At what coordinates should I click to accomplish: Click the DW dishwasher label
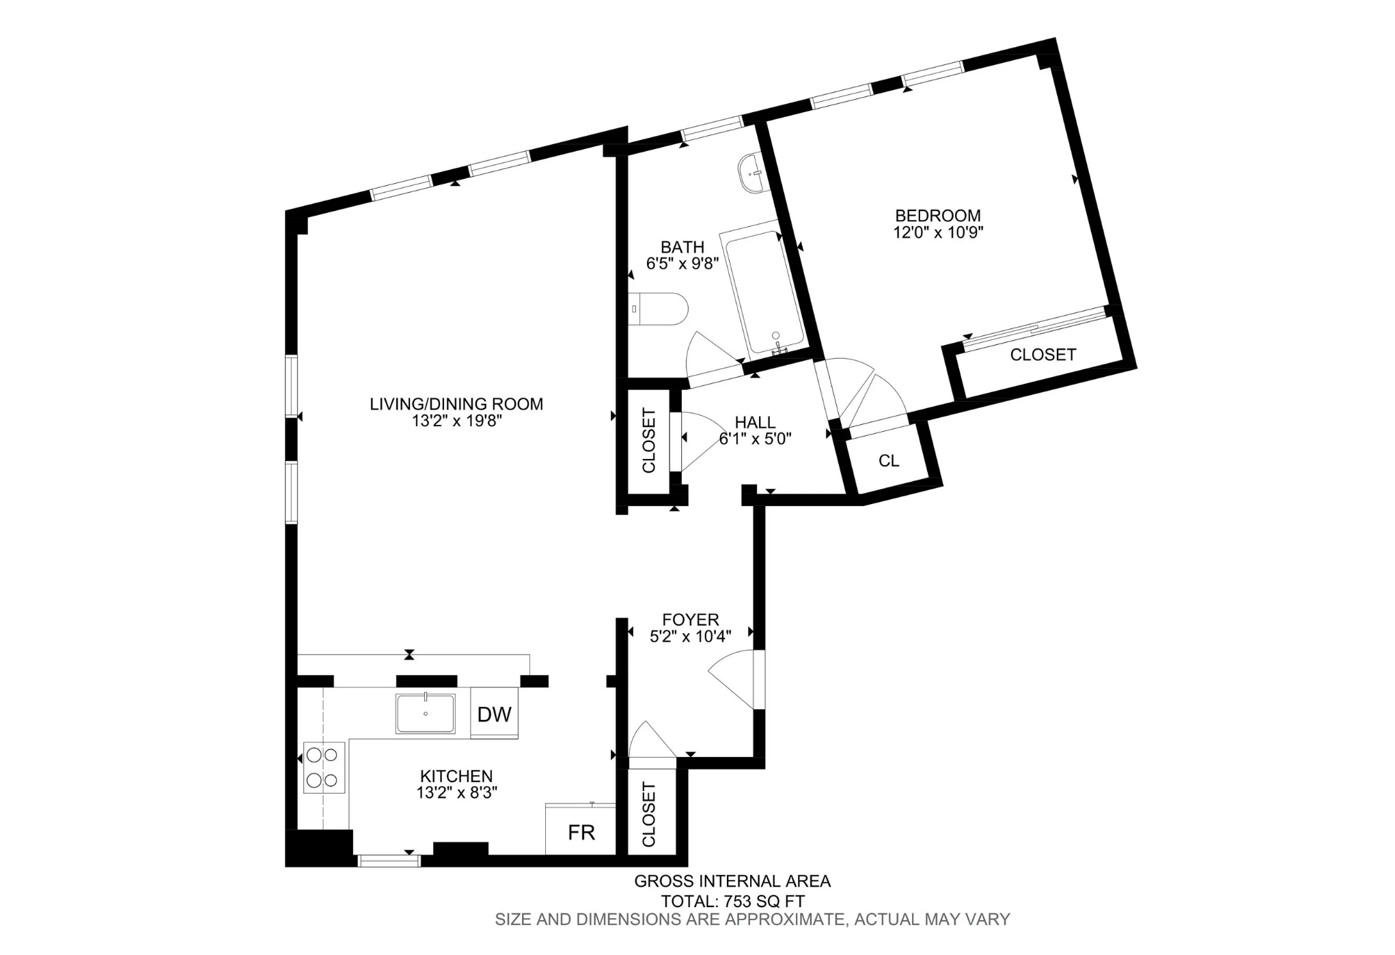coord(494,715)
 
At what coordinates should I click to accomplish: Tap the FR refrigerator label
coord(581,832)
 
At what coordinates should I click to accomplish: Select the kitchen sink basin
coord(425,714)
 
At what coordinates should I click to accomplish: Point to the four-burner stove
coord(324,767)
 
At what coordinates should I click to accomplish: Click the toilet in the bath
coord(658,309)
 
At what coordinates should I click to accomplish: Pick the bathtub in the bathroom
coord(762,291)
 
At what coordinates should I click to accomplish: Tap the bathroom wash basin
coord(753,173)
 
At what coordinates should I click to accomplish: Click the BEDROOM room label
coord(938,215)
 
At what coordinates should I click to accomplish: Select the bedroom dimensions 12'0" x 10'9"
coord(938,232)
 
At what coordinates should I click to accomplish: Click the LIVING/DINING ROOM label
coord(456,404)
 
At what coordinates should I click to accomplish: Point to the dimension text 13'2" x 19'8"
coord(456,421)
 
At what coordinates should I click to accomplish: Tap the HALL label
coord(755,423)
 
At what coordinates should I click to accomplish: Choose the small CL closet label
coord(889,461)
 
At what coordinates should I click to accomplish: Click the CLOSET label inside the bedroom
coord(1043,355)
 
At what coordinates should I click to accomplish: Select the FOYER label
coord(691,620)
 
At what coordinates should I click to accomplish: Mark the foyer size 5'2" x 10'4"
coord(691,636)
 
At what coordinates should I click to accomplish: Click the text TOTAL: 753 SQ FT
coord(732,901)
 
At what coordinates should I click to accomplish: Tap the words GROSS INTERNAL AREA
coord(732,881)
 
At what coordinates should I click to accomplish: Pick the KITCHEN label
coord(456,776)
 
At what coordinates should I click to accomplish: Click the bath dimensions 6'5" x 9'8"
coord(682,264)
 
